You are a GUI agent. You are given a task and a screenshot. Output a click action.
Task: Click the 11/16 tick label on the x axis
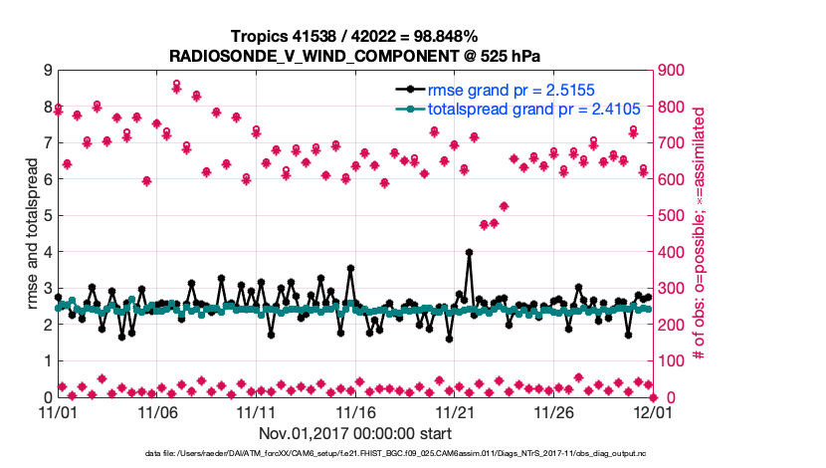click(x=355, y=411)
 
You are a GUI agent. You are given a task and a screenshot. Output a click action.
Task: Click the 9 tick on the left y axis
click(x=47, y=71)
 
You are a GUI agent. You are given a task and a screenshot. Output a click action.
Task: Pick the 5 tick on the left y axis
click(x=47, y=216)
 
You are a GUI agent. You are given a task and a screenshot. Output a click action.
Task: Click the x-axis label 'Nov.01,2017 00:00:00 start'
click(x=354, y=433)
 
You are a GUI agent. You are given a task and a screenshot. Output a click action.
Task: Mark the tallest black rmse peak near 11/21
click(x=469, y=253)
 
